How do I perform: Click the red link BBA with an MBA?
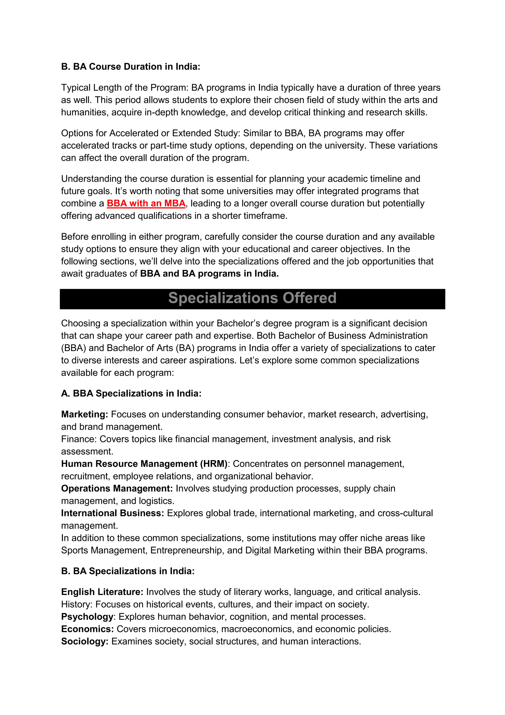(146, 203)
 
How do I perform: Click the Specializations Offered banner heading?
(252, 298)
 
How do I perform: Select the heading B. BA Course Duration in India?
(131, 67)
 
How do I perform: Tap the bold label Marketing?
(85, 415)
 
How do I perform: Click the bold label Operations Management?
(117, 488)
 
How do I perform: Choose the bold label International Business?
(113, 513)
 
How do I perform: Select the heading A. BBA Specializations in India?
(131, 394)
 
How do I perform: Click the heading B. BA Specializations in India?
(128, 571)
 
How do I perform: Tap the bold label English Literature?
(102, 592)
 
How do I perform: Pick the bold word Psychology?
(87, 616)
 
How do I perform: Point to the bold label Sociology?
(85, 641)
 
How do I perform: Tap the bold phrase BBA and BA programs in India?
(209, 274)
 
